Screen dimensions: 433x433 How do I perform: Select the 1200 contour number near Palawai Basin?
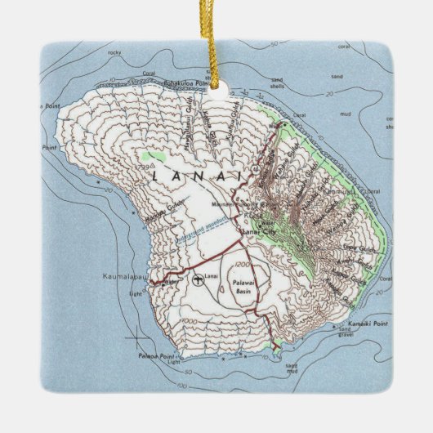click(x=239, y=266)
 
